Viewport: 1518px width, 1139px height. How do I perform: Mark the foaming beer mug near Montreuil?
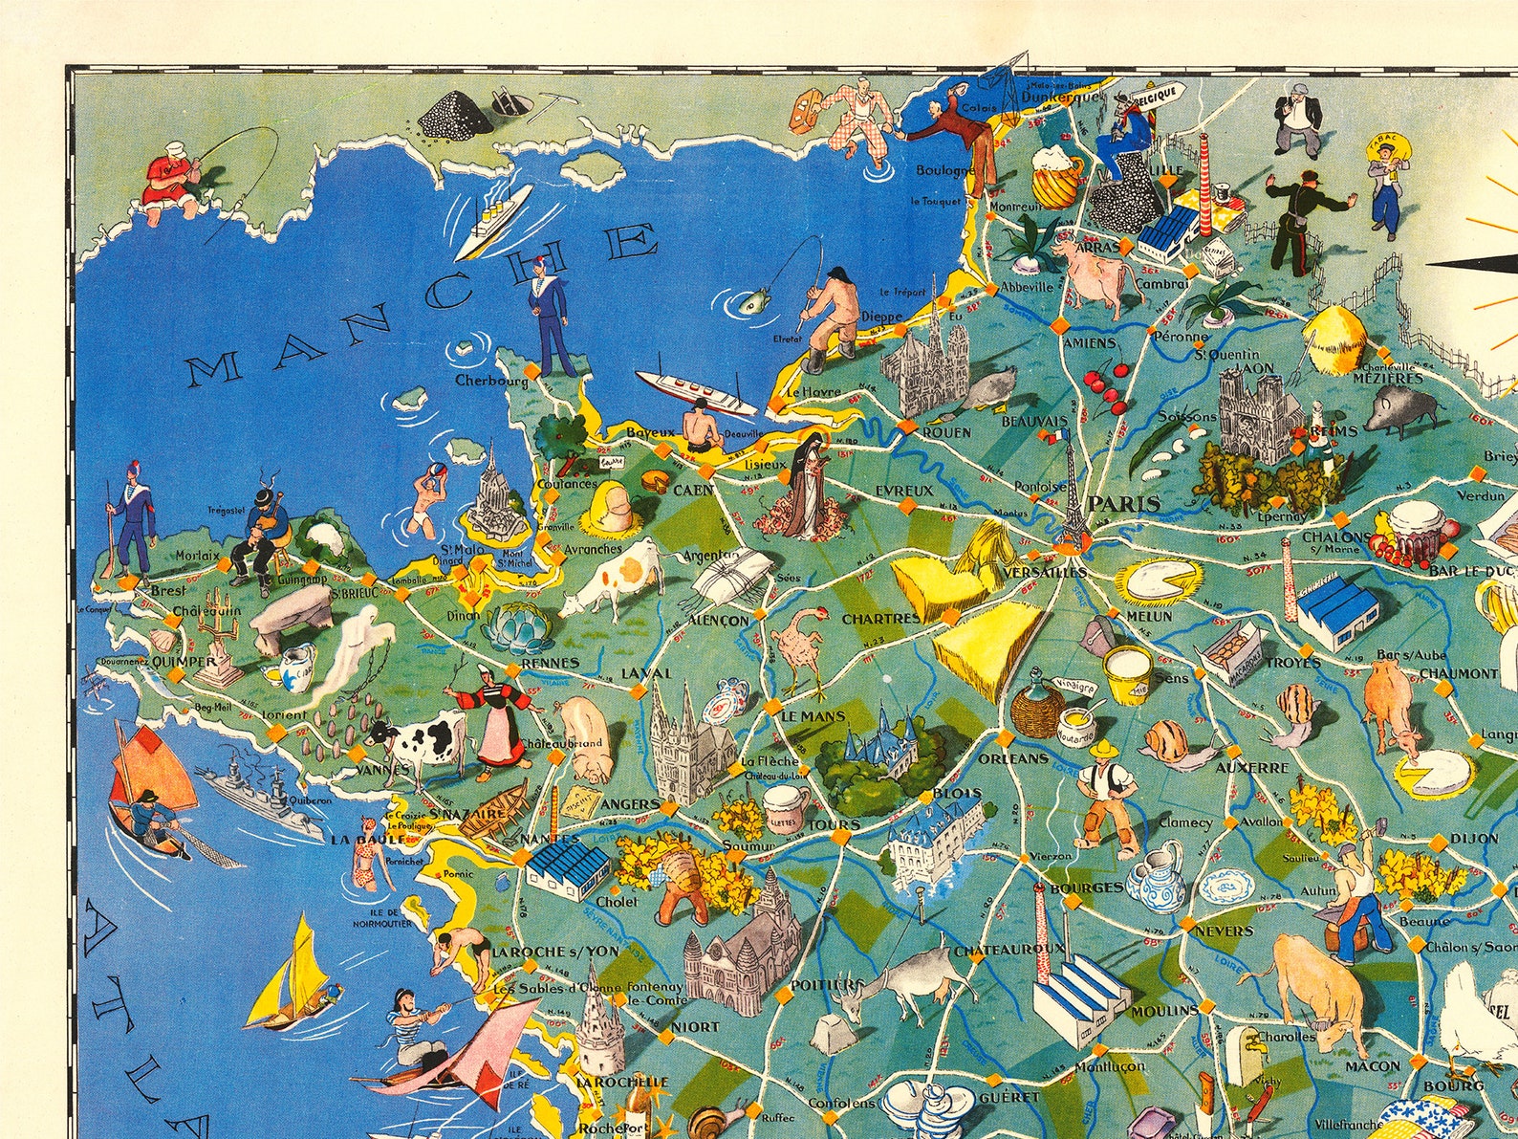point(1054,174)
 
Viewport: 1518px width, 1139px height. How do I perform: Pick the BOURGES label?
point(1086,888)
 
